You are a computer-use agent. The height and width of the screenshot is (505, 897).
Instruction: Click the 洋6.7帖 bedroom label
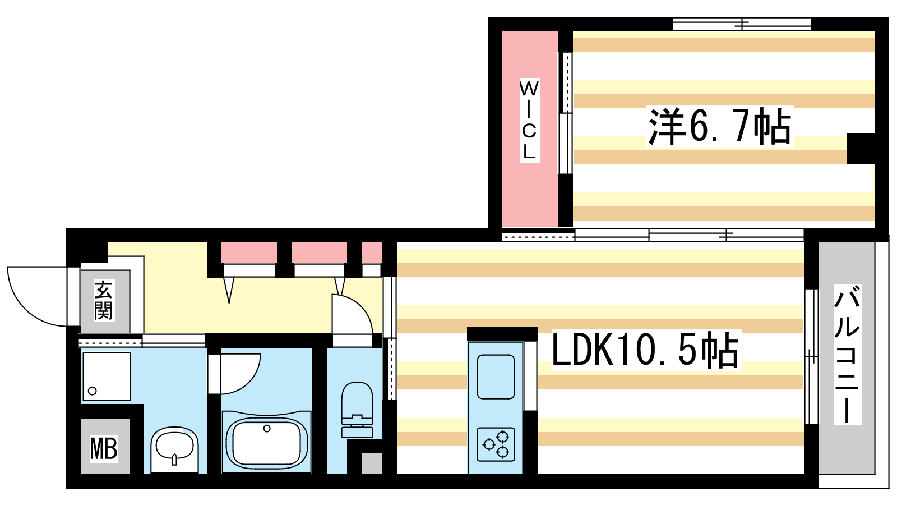pyautogui.click(x=720, y=126)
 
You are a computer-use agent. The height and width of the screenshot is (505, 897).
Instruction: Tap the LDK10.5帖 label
pyautogui.click(x=645, y=350)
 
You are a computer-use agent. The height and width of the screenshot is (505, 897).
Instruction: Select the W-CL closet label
pyautogui.click(x=529, y=120)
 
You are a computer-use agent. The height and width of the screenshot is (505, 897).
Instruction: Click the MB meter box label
pyautogui.click(x=104, y=448)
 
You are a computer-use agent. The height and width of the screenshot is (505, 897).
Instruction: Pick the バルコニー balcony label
pyautogui.click(x=847, y=355)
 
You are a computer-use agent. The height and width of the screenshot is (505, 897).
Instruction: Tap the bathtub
pyautogui.click(x=267, y=442)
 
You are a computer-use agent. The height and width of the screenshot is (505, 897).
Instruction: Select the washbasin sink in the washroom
pyautogui.click(x=174, y=449)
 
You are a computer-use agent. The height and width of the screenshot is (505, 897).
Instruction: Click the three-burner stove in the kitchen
pyautogui.click(x=496, y=444)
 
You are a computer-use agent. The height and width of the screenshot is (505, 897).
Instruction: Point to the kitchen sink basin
pyautogui.click(x=496, y=377)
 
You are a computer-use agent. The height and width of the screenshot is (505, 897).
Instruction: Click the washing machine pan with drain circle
pyautogui.click(x=107, y=377)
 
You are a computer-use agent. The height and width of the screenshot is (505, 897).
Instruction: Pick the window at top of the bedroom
pyautogui.click(x=742, y=24)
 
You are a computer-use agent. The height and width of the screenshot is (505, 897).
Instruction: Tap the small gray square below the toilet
pyautogui.click(x=372, y=463)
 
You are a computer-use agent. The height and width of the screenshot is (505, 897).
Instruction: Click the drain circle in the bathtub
pyautogui.click(x=267, y=429)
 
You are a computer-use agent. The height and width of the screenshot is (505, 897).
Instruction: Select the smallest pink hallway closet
pyautogui.click(x=372, y=252)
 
